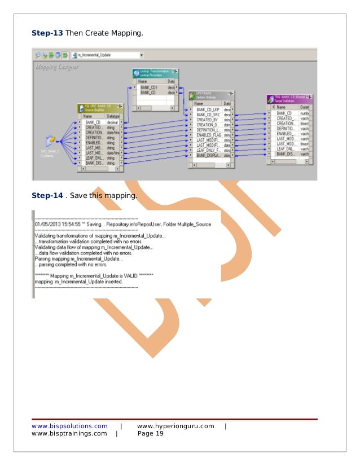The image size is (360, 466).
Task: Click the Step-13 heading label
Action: (47, 33)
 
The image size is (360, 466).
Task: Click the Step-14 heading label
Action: (47, 196)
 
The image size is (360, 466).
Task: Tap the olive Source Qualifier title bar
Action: (100, 108)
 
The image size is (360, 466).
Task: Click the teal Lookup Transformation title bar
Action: (155, 74)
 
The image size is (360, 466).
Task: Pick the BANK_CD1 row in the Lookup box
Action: (150, 87)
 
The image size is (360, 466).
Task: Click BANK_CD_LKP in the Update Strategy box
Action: (208, 109)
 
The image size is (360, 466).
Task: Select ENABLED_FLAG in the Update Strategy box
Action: (209, 134)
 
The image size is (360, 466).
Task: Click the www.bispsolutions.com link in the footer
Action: (69, 426)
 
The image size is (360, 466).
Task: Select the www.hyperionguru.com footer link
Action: (175, 426)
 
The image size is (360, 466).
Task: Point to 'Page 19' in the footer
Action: (150, 434)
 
